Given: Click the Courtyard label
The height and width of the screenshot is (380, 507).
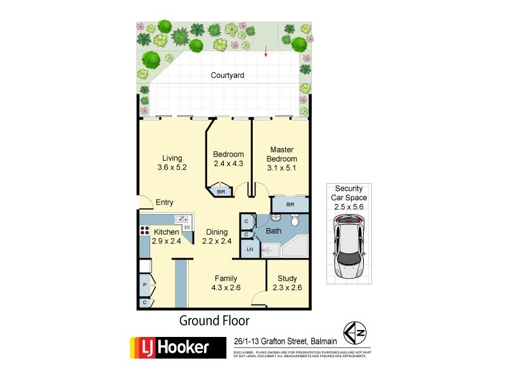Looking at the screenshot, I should point(228,75).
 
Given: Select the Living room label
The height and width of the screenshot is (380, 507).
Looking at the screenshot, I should point(172,158).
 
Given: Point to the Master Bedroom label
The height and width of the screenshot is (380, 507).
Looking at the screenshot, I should point(281,154).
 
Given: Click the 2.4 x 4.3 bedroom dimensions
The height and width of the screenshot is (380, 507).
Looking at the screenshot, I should point(228,163).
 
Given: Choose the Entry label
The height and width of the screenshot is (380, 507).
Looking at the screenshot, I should point(164,203).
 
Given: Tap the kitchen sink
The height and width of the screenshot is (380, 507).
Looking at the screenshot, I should point(182,220).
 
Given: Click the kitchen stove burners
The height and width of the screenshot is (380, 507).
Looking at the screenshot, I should point(144,232).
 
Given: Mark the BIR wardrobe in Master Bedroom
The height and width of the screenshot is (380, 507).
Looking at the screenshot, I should point(290,205).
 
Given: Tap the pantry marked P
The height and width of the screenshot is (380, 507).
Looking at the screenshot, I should point(145,286).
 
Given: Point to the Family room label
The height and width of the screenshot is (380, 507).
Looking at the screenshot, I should point(226,279).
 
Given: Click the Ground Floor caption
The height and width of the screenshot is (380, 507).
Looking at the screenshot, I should point(214,320).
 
